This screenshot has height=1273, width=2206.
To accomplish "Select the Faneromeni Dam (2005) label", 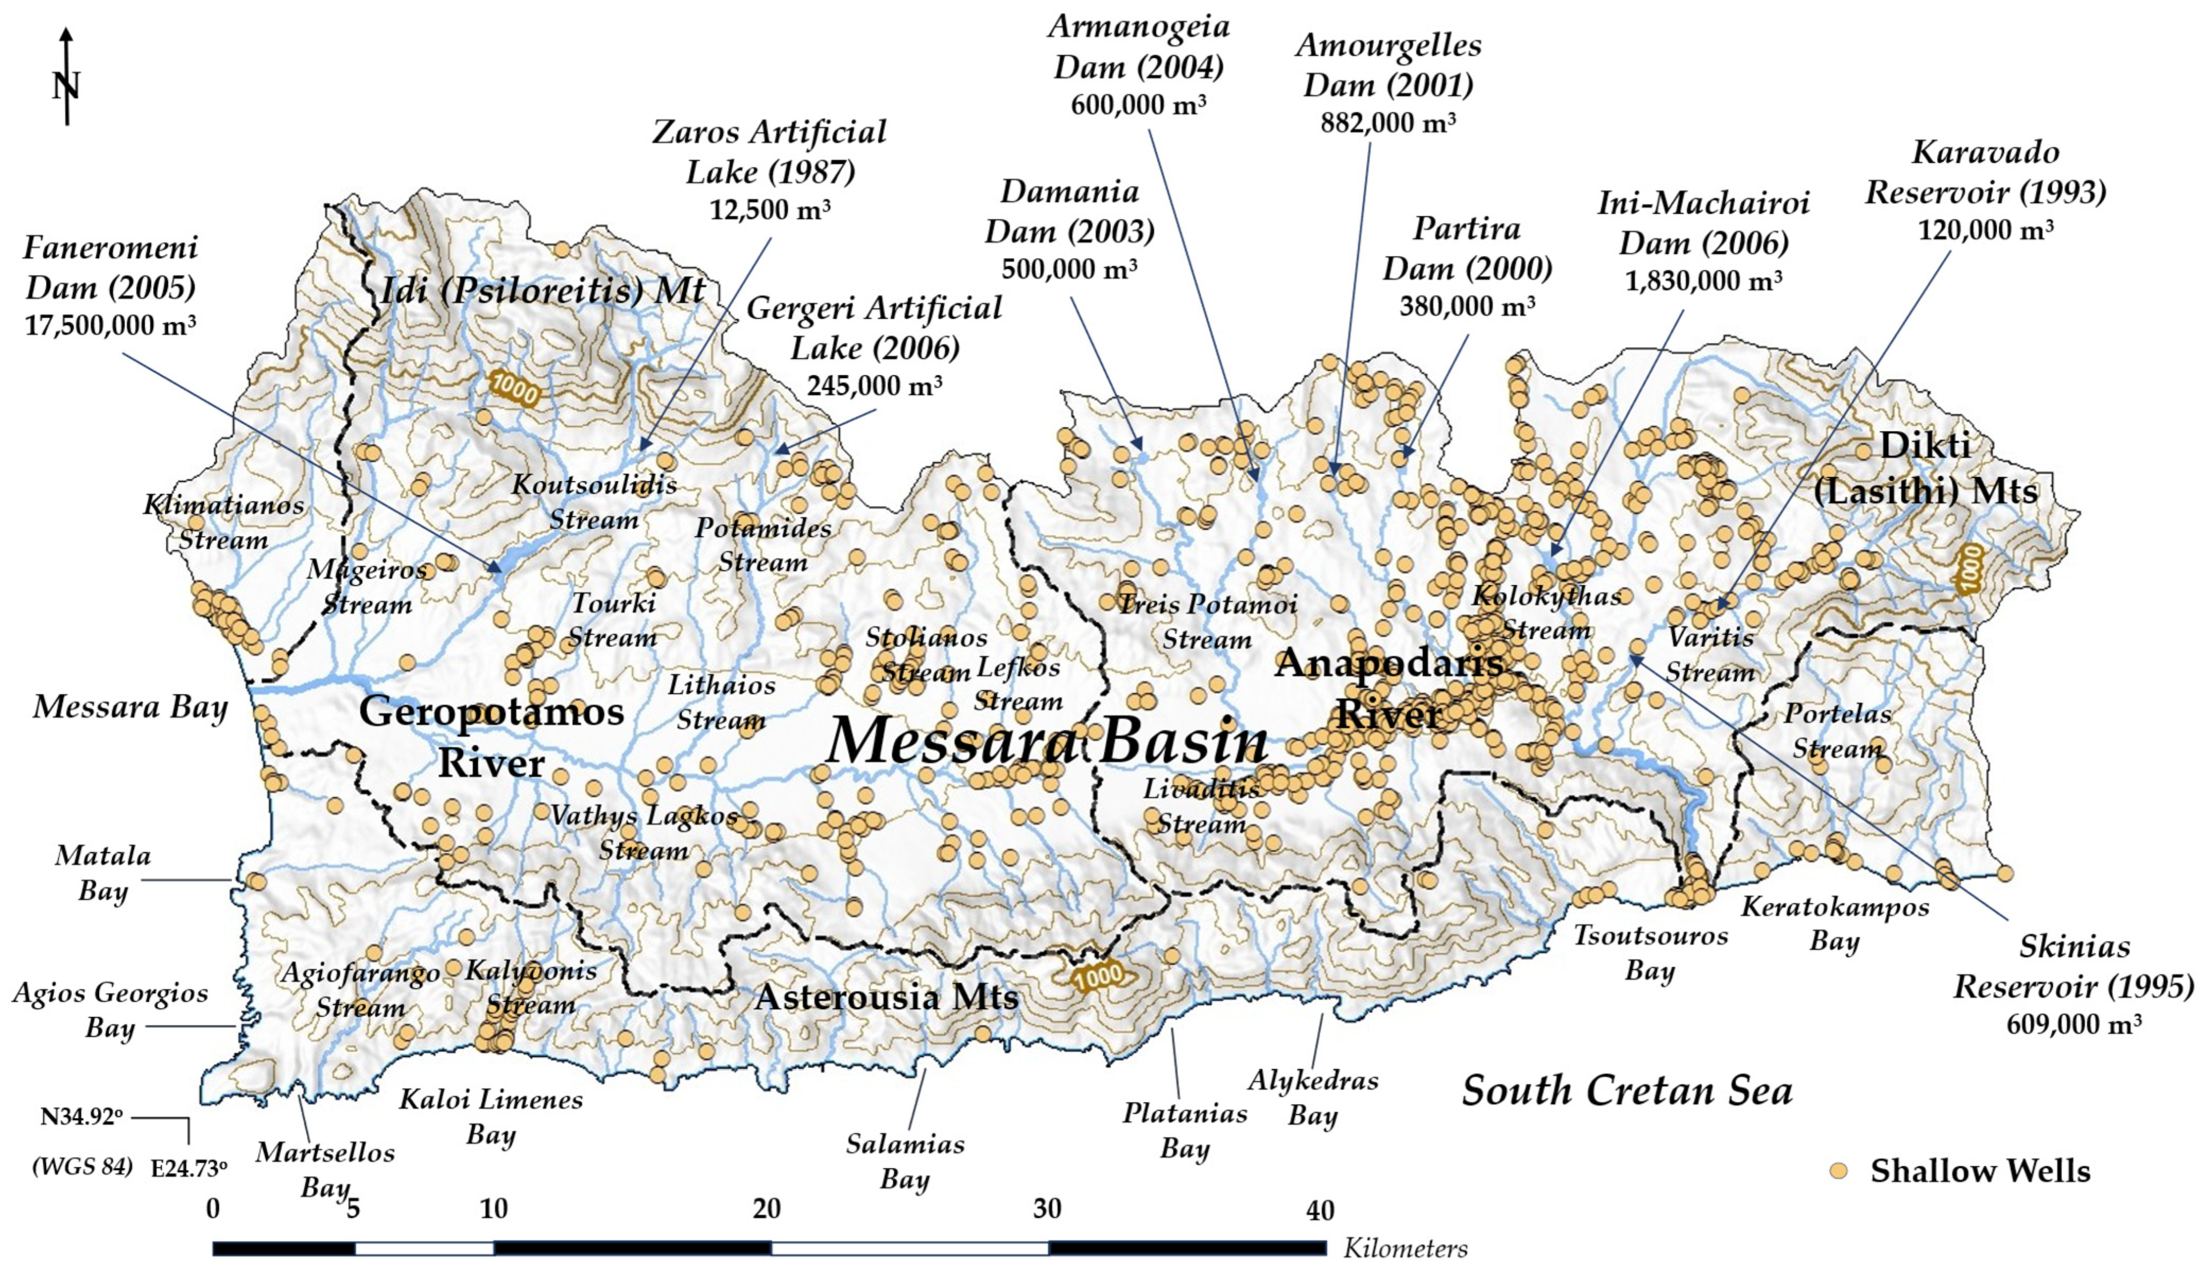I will point(110,267).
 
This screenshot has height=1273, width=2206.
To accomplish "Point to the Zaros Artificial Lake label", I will point(769,151).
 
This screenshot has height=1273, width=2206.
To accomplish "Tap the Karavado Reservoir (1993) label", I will point(1986,171).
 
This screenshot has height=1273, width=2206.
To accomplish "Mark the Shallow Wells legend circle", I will point(1839,1170).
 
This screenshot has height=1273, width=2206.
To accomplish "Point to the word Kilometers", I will point(1405,1248).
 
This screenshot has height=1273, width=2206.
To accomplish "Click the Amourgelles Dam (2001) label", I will point(1388,65).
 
